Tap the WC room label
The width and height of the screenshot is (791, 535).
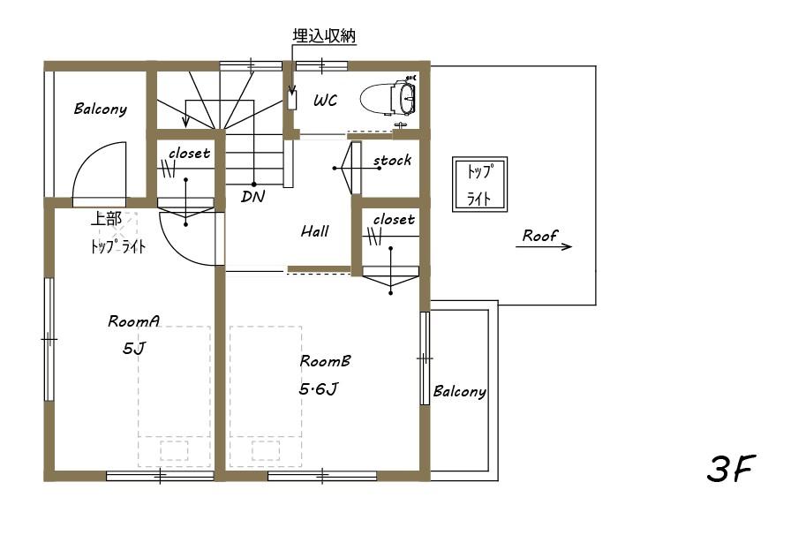[325, 101]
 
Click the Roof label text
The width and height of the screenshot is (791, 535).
[539, 235]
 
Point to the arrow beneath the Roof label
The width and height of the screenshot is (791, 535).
[544, 247]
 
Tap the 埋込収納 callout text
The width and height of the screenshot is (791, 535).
[323, 36]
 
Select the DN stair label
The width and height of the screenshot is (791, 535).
[252, 197]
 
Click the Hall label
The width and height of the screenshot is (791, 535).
[314, 231]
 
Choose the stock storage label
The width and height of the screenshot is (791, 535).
[392, 161]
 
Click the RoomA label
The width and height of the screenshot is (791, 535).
[133, 321]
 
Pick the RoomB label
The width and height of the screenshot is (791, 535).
[326, 361]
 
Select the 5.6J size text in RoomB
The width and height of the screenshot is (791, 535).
[319, 388]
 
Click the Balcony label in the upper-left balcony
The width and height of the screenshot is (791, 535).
[100, 109]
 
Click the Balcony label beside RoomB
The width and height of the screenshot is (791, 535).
[459, 391]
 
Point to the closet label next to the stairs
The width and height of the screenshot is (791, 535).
[189, 153]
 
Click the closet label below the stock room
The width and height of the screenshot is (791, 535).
[393, 219]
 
